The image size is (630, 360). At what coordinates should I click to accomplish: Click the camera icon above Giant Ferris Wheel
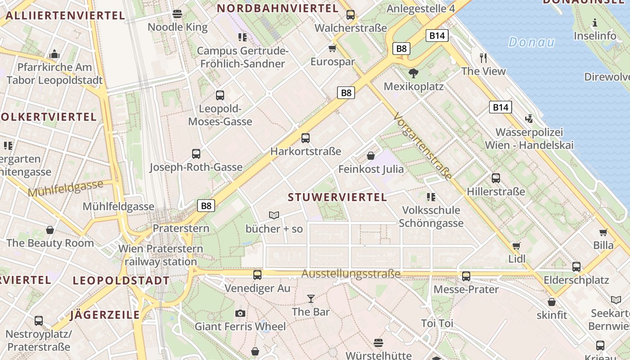(240, 313)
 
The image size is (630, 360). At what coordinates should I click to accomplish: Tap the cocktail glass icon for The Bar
(310, 298)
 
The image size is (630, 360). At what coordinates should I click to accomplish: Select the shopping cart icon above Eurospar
(333, 48)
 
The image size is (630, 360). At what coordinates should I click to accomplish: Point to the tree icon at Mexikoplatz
(414, 73)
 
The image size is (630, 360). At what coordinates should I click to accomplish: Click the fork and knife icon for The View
(483, 58)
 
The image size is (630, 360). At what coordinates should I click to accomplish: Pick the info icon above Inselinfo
(595, 22)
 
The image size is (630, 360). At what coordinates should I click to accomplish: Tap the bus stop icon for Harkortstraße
(306, 138)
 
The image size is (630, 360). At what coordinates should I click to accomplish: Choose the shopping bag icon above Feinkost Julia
(371, 156)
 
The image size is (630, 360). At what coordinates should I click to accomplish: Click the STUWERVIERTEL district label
(337, 197)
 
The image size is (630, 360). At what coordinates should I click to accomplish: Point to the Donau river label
(531, 42)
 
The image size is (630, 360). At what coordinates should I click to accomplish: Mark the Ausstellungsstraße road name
(351, 274)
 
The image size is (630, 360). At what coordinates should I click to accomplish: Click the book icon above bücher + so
(274, 215)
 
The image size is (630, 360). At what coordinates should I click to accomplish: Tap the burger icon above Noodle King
(177, 14)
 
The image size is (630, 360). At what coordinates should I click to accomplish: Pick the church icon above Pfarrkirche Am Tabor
(55, 54)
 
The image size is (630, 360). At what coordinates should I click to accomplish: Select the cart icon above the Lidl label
(517, 246)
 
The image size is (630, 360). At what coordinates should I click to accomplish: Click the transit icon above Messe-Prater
(466, 276)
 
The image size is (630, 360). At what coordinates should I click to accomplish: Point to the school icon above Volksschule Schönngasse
(431, 197)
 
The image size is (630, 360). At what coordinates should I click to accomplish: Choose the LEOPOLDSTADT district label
(121, 281)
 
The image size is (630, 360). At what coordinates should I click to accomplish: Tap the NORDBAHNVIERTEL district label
(278, 8)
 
